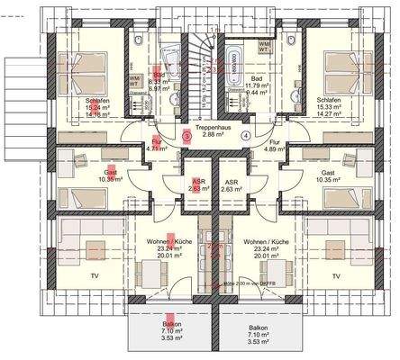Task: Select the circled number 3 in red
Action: (186, 136)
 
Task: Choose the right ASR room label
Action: (231, 182)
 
